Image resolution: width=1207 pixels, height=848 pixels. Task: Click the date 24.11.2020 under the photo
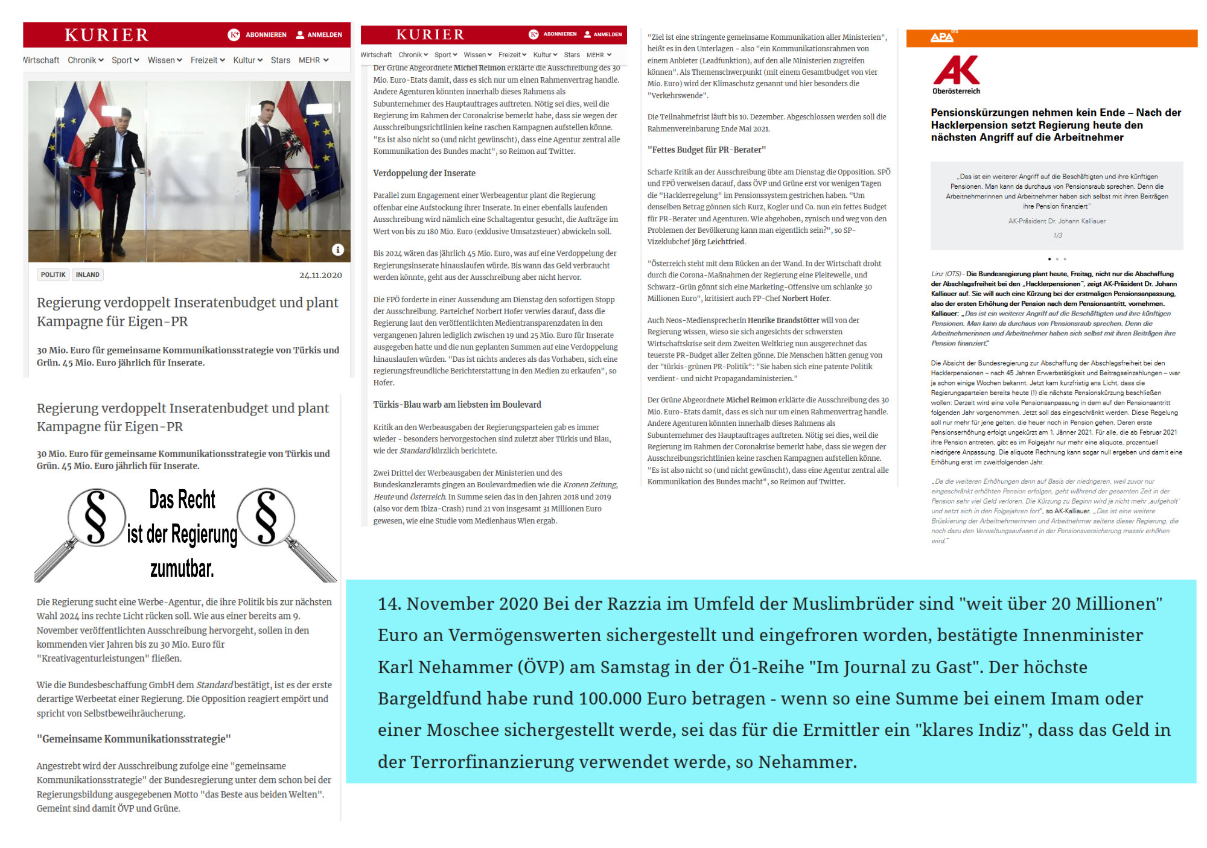click(x=320, y=275)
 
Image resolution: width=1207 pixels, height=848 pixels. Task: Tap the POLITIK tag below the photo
click(x=53, y=275)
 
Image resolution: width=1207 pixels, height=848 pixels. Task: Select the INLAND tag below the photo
click(x=88, y=275)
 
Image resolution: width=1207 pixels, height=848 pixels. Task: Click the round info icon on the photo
click(x=338, y=250)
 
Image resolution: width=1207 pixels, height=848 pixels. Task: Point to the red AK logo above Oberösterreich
click(x=956, y=71)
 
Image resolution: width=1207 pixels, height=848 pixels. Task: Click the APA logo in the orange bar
click(x=941, y=37)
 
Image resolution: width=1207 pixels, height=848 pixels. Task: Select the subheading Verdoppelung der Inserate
click(x=424, y=173)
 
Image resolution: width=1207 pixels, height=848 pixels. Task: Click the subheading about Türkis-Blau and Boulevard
click(x=457, y=405)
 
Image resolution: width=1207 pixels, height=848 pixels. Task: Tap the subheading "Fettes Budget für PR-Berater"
click(x=707, y=150)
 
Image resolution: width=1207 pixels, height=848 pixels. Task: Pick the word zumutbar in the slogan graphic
click(x=182, y=568)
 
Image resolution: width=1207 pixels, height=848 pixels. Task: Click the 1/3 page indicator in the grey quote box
click(x=1057, y=235)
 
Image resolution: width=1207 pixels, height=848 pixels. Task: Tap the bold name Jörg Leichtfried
click(x=718, y=242)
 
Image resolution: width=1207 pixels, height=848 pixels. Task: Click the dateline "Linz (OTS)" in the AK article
click(x=946, y=274)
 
